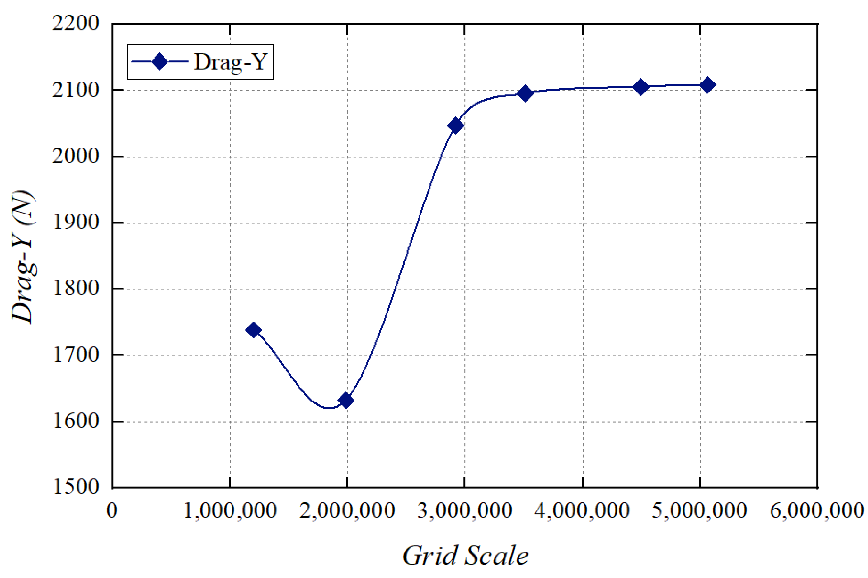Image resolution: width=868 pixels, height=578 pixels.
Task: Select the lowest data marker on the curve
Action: click(345, 400)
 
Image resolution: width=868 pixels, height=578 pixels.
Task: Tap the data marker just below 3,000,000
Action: click(455, 125)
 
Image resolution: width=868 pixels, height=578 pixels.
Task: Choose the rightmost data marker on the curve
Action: click(707, 85)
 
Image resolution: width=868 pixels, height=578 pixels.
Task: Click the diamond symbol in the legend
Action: click(159, 62)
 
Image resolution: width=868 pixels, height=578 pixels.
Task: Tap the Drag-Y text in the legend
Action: click(230, 62)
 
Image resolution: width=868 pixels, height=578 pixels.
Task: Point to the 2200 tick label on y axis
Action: click(76, 23)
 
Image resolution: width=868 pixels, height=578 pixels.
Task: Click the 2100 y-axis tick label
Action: click(76, 90)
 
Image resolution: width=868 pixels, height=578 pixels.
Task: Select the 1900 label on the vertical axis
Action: click(76, 222)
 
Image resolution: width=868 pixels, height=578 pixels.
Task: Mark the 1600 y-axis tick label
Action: click(76, 421)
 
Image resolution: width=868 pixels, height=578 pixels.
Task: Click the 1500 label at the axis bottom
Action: click(76, 486)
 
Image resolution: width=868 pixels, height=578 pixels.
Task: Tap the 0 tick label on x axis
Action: click(112, 511)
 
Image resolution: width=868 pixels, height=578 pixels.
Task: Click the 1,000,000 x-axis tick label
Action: click(230, 511)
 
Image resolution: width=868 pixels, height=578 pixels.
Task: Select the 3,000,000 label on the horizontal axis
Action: click(464, 511)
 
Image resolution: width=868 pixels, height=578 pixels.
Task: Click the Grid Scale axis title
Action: click(465, 555)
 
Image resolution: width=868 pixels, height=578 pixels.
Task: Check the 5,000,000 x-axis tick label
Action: click(699, 511)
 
